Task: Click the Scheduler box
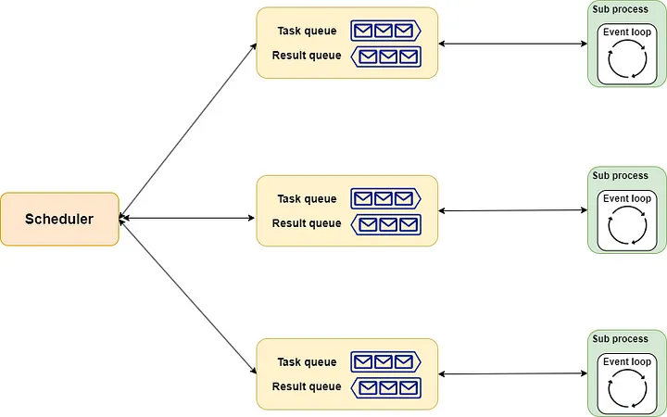pos(59,219)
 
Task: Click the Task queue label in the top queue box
pos(307,32)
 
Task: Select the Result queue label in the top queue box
pos(307,56)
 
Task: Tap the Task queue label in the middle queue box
pos(307,199)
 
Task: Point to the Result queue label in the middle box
pos(307,223)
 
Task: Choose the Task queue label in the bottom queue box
pos(307,362)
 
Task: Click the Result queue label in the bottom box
pos(307,386)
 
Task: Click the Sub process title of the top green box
pos(620,9)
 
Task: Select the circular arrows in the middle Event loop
pos(627,226)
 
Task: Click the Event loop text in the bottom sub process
pos(627,362)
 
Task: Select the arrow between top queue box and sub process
pos(512,44)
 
